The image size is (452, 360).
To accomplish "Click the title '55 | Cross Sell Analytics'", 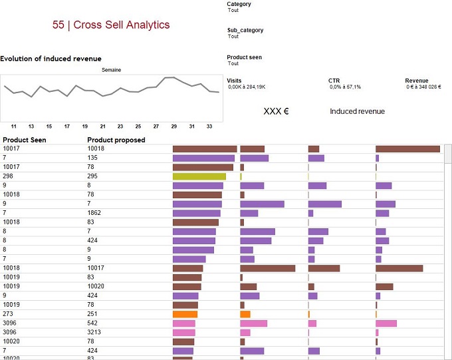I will point(111,25).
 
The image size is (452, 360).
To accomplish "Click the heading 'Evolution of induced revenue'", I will point(51,59).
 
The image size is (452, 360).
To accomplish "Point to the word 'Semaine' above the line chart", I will point(111,70).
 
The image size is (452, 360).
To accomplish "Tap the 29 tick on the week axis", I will point(174,126).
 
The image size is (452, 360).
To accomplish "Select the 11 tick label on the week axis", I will point(13,126).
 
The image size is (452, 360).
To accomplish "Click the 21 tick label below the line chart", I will point(102,126).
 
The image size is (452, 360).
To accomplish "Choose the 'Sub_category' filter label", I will point(245,30).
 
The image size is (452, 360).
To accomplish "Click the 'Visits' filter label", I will point(234,81).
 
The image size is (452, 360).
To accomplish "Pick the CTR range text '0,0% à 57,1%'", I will point(346,87).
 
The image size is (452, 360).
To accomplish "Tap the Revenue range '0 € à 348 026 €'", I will point(424,87).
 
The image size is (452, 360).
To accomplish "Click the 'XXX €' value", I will point(276,111).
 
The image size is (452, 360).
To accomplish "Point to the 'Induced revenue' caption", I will point(357,111).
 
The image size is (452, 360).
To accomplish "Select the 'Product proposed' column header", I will point(116,140).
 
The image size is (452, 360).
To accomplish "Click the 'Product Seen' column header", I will point(24,140).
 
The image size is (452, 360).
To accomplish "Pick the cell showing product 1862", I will point(95,213).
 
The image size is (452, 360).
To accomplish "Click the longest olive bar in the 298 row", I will point(199,176).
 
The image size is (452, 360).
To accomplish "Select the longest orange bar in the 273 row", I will point(185,314).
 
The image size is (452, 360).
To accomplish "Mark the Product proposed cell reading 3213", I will point(95,332).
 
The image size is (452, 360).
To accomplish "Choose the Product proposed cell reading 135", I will point(93,158).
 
